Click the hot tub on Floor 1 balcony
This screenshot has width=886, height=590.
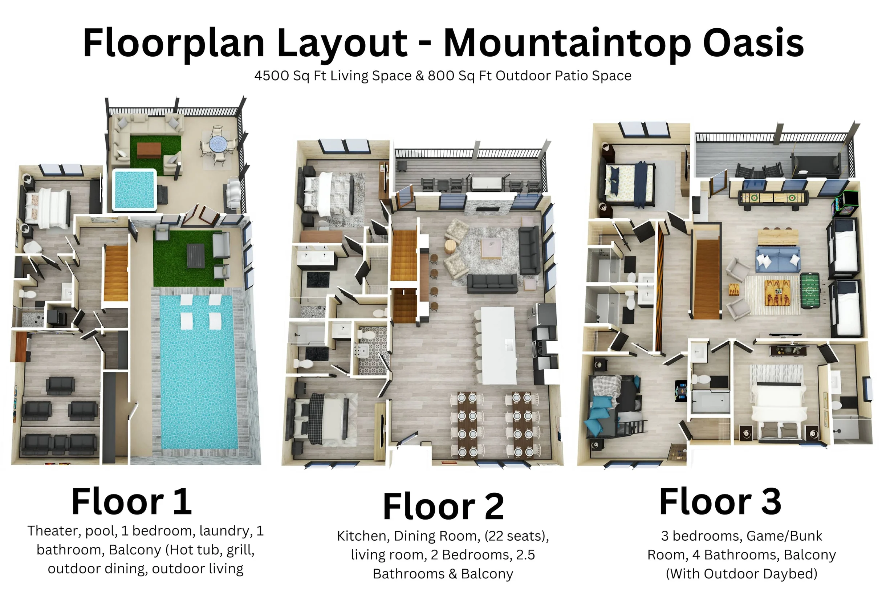[134, 189]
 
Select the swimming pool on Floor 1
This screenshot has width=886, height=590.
[199, 372]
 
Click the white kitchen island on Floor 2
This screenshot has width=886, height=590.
[498, 345]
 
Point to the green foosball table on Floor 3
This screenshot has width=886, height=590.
[810, 290]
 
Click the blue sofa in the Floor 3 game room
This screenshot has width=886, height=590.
[778, 259]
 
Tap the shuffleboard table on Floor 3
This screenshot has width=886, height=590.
[773, 197]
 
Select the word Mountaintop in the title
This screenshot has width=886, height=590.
[567, 43]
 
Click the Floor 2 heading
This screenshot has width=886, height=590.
[443, 506]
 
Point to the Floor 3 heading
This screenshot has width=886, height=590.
[720, 501]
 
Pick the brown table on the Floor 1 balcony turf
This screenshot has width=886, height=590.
[149, 150]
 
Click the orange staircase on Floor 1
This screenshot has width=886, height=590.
[115, 273]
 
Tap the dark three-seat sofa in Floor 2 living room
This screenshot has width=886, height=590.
[492, 282]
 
